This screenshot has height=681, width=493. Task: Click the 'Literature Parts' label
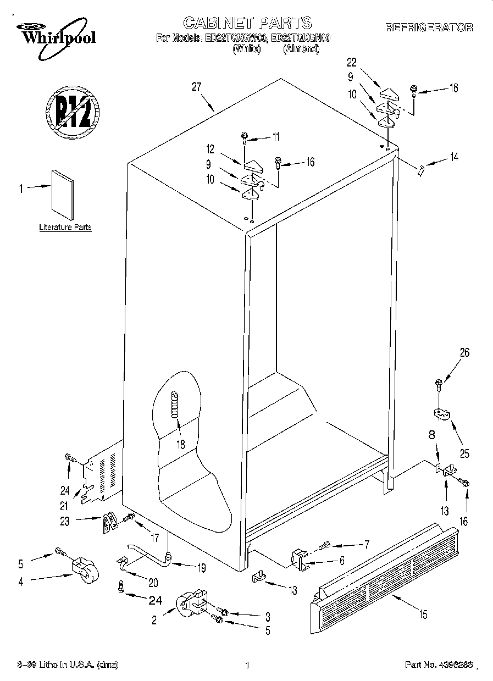coord(65,227)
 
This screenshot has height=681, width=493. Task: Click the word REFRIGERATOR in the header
coord(429,27)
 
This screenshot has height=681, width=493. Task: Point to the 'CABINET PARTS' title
coord(247,23)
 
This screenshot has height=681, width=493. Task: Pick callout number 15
coord(422,614)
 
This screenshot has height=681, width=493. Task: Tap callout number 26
coord(464,353)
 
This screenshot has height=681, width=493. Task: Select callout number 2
coord(154,620)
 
